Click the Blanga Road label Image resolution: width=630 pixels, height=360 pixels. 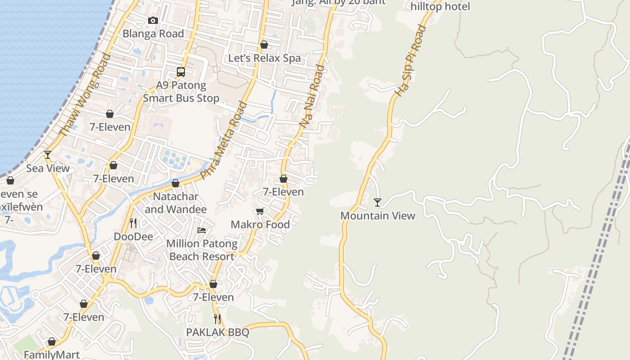tap(153, 34)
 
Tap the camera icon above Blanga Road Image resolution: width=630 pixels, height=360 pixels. tap(153, 20)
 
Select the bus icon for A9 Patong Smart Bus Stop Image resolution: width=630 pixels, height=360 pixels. tap(181, 72)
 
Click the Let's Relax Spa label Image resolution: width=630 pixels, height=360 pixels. tap(264, 58)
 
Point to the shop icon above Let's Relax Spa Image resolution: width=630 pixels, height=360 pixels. tap(264, 45)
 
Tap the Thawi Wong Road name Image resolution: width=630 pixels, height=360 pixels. tap(85, 94)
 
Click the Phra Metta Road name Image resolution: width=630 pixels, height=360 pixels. tap(224, 141)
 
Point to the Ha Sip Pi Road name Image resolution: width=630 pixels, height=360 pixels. tap(410, 60)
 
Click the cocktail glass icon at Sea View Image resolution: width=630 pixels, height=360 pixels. tap(48, 155)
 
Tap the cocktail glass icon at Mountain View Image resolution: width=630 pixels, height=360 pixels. tap(378, 202)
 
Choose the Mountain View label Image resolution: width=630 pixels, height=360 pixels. tap(378, 216)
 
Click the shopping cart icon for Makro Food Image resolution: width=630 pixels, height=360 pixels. tap(260, 211)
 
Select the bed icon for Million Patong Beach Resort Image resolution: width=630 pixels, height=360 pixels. tap(202, 230)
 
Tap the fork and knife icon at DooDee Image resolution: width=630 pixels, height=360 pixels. tap(133, 223)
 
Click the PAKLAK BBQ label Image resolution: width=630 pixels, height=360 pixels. tap(217, 332)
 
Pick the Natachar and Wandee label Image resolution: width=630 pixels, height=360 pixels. tap(175, 203)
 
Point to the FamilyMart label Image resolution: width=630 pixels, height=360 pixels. tap(52, 355)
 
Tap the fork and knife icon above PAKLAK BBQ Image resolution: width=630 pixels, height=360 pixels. tap(217, 319)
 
